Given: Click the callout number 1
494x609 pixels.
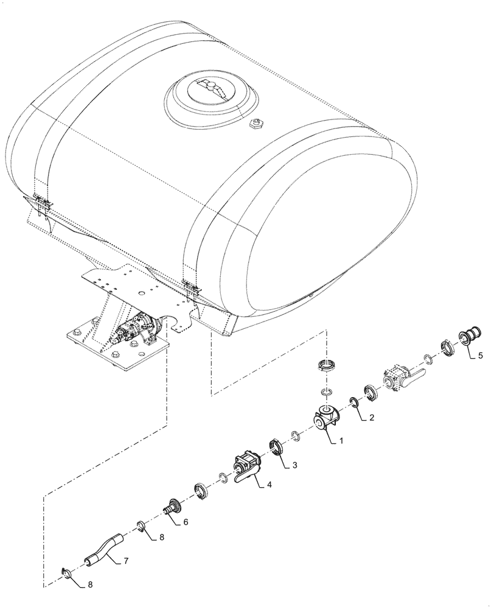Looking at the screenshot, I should pos(341,440).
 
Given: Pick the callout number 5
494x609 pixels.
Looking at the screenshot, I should pos(481,356).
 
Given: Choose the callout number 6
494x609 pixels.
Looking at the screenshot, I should pos(185,521).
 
